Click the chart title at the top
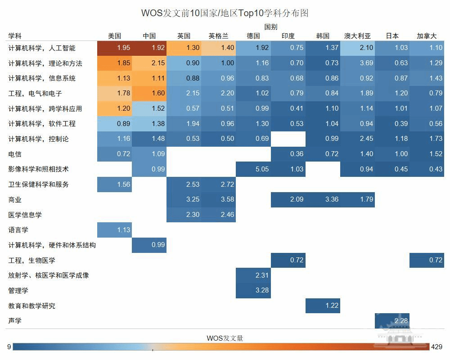click(225, 13)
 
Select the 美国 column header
click(114, 36)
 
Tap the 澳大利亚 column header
click(357, 36)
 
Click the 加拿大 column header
click(427, 36)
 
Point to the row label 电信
click(15, 154)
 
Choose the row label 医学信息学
click(25, 215)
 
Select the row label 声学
click(15, 321)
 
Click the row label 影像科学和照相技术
click(38, 169)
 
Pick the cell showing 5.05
click(253, 169)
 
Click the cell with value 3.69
click(357, 63)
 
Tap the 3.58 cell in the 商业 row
click(219, 199)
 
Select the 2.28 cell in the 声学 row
click(392, 321)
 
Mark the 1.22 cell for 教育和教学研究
click(323, 306)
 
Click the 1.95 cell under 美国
click(114, 48)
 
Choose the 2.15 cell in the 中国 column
click(149, 63)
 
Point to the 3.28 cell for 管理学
click(253, 290)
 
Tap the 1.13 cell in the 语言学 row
click(114, 230)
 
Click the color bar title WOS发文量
click(225, 338)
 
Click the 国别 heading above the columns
click(270, 27)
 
